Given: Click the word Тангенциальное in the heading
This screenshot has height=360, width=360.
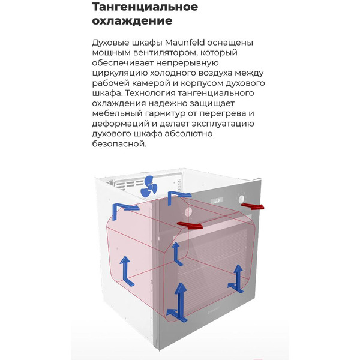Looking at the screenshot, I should (145, 7).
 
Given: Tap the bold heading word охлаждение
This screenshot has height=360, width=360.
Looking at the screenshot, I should (132, 21).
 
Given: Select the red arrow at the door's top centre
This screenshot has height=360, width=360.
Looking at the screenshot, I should (190, 226).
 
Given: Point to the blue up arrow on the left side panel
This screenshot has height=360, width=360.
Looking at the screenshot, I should (125, 270).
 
